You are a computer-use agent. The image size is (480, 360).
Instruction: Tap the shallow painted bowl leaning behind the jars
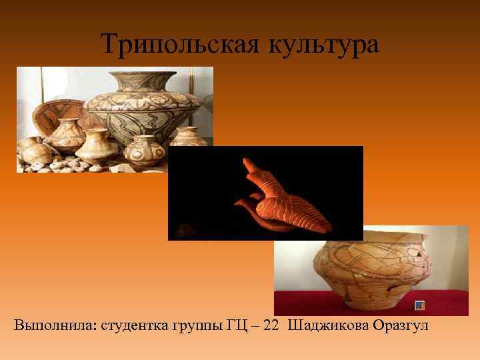tap(57, 113)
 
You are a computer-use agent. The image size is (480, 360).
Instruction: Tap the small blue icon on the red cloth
tap(420, 305)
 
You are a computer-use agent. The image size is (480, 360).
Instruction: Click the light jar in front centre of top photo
tap(93, 143)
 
